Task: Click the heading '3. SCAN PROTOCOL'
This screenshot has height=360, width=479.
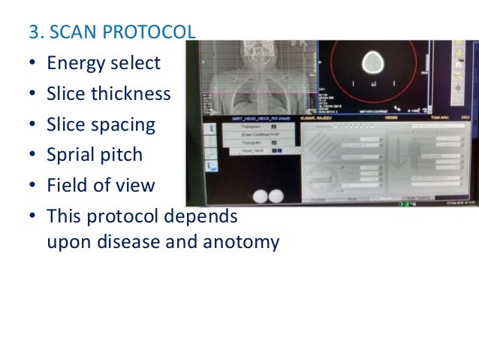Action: [112, 33]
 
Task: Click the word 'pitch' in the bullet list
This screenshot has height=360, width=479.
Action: [120, 156]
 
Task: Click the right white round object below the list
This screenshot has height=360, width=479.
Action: [276, 195]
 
